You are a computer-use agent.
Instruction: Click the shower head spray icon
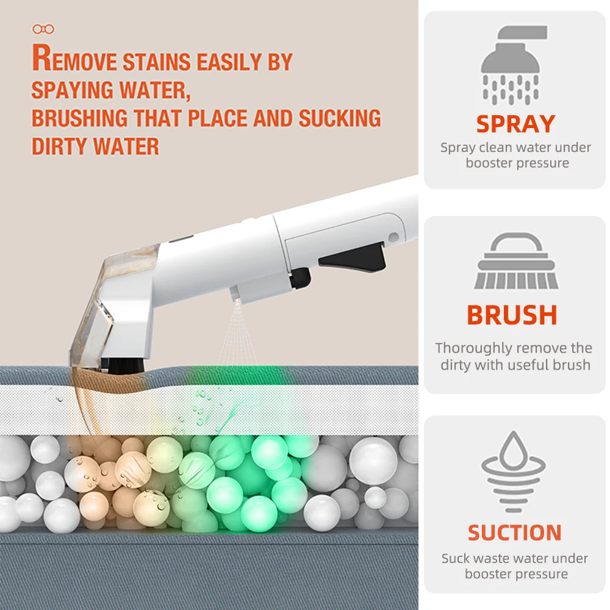tap(514, 64)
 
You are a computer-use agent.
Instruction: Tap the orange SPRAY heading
tap(515, 124)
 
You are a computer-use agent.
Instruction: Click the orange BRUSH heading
tap(512, 315)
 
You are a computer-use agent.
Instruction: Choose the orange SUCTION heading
tap(514, 533)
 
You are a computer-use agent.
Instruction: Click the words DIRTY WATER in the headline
tap(95, 146)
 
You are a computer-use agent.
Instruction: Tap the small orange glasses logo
tap(43, 29)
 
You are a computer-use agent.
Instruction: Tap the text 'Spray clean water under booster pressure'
tap(515, 155)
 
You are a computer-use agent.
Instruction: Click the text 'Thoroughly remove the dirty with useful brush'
tap(514, 356)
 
